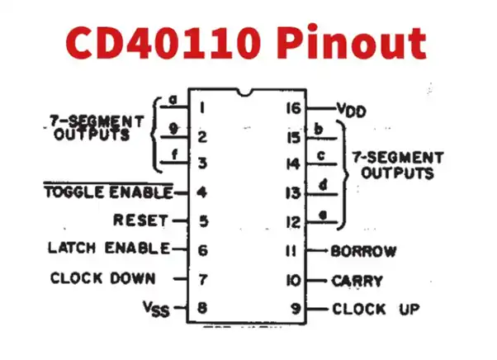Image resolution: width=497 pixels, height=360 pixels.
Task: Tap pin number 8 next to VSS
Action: (x=201, y=309)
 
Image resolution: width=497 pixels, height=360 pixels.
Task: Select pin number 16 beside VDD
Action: (x=293, y=108)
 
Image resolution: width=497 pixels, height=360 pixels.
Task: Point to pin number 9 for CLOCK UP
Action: (x=296, y=310)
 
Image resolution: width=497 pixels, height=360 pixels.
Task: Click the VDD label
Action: (x=351, y=110)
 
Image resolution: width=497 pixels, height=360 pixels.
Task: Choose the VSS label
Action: (x=154, y=310)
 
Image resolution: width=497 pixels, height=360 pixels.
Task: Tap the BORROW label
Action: (x=363, y=251)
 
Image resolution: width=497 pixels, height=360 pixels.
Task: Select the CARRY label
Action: (x=357, y=281)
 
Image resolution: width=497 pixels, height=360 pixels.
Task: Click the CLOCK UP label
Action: (x=376, y=310)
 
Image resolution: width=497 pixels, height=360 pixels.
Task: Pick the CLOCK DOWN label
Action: (x=103, y=279)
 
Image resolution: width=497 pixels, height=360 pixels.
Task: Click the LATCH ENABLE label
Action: (x=109, y=248)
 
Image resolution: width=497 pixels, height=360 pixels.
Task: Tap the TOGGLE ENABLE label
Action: (x=107, y=193)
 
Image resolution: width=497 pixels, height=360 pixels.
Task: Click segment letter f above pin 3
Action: (x=173, y=154)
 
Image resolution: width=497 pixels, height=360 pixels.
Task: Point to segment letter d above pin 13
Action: (x=322, y=185)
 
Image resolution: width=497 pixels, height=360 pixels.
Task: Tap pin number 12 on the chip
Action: (x=293, y=222)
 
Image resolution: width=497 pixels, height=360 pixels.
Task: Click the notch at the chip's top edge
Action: (x=244, y=92)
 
